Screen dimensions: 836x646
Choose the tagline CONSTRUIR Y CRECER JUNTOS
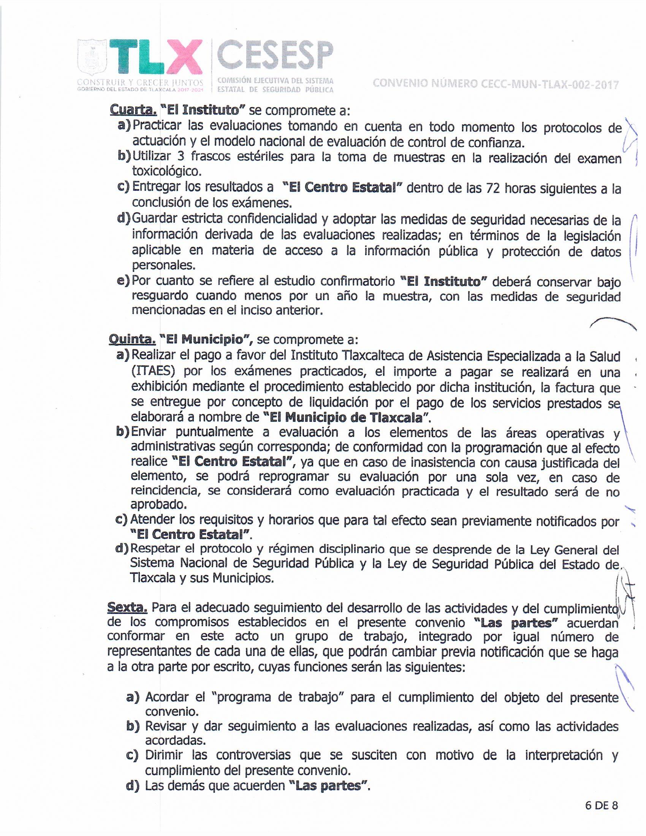(140, 83)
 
